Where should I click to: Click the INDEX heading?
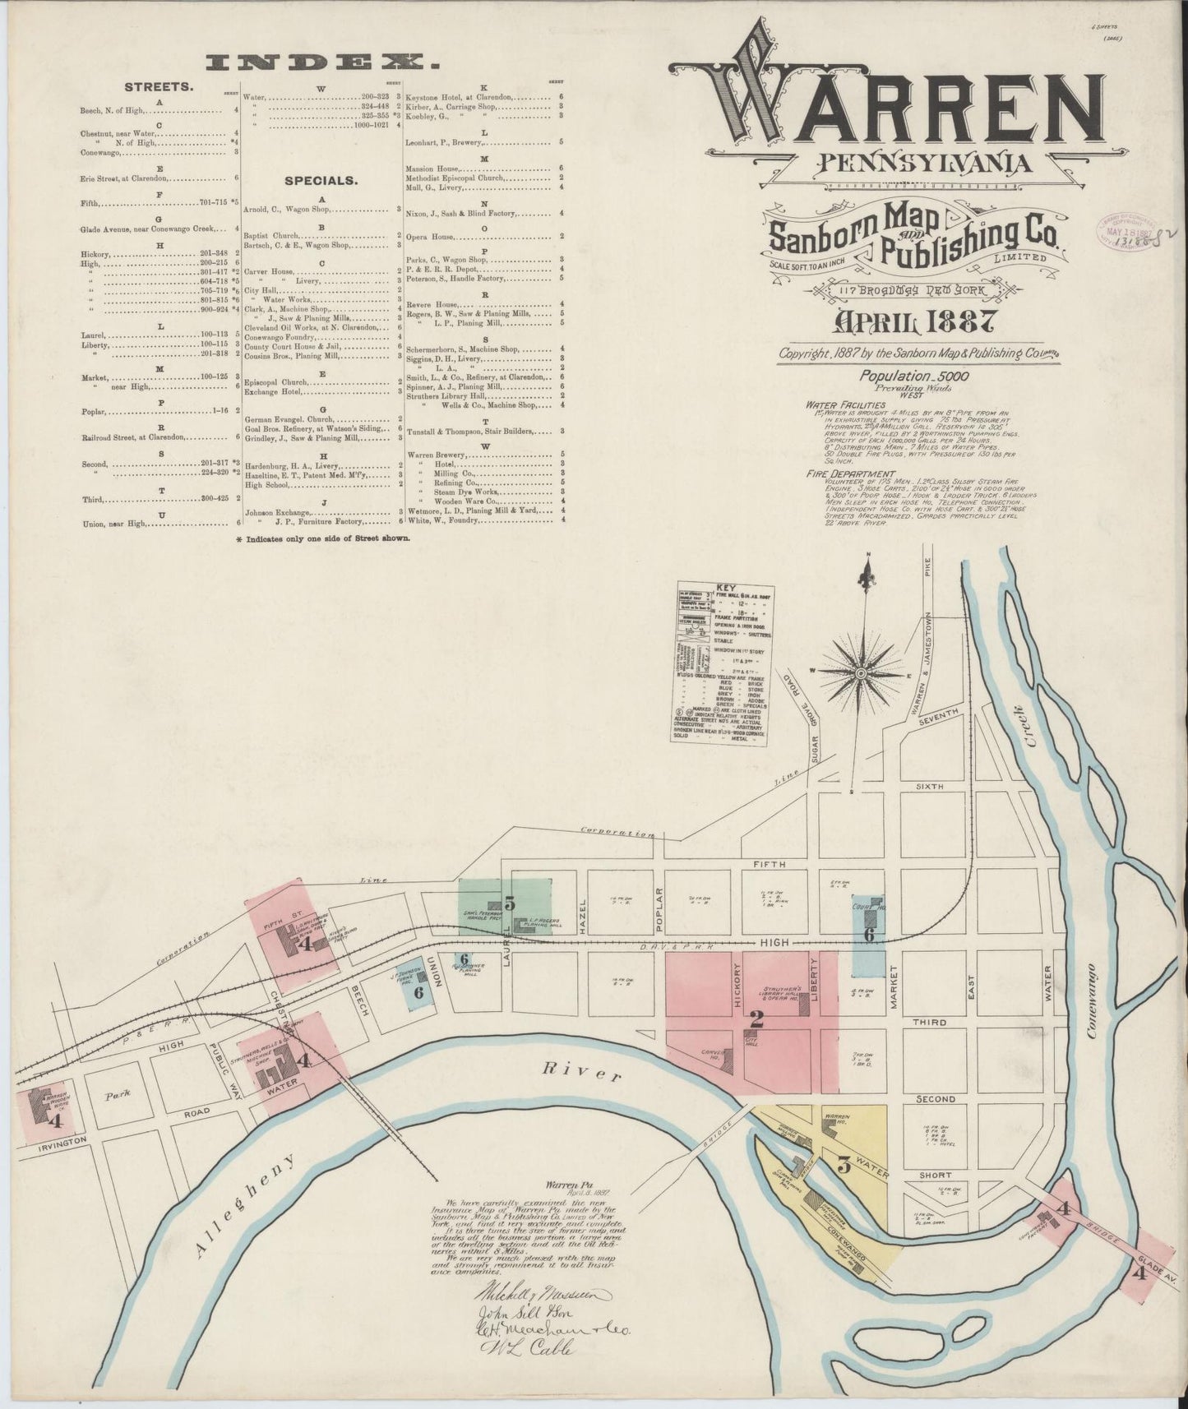(x=321, y=62)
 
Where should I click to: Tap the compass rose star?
(x=861, y=673)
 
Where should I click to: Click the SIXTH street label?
(x=930, y=787)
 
